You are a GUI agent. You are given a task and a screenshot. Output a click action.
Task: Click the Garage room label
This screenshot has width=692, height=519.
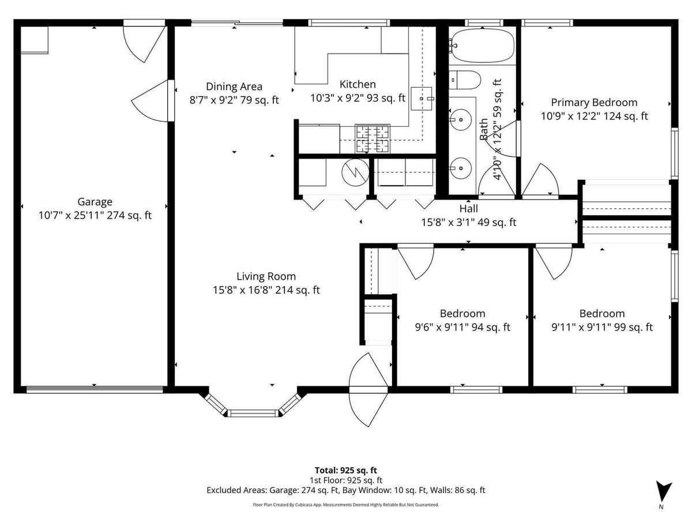tap(95, 202)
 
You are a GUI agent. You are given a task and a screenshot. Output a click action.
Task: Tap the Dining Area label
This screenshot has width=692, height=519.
tap(234, 86)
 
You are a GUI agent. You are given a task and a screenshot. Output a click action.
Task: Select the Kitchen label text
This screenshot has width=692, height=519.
tap(358, 84)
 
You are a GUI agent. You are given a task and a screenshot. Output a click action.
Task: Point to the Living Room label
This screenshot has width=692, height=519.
tap(266, 276)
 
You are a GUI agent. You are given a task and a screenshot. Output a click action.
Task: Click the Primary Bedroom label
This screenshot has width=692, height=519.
tap(594, 103)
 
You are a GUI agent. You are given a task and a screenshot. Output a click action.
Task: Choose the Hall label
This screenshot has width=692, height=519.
tap(468, 209)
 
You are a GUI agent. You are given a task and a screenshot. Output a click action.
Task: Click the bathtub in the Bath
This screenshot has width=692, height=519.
tap(482, 46)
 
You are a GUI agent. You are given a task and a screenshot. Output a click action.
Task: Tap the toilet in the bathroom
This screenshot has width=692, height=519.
tap(465, 80)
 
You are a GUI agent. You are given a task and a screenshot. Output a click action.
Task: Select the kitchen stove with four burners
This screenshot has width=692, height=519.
tap(373, 138)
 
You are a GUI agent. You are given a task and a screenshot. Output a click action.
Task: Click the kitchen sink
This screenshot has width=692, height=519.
tap(421, 99)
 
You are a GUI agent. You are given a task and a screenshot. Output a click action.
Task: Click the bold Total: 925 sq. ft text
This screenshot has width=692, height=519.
tap(345, 470)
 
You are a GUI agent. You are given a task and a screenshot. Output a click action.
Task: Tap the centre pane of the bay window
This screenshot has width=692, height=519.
tap(253, 413)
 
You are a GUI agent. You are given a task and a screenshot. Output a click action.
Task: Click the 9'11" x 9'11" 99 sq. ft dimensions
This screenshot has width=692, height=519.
tap(602, 327)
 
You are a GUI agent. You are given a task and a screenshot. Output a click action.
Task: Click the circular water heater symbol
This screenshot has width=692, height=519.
tap(355, 172)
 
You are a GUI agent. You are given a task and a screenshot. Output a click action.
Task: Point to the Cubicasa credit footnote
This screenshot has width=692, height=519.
tap(345, 505)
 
